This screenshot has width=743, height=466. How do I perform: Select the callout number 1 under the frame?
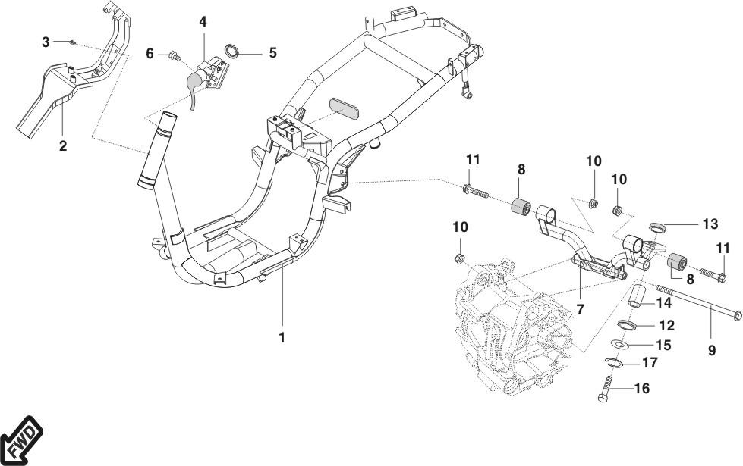pyautogui.click(x=282, y=338)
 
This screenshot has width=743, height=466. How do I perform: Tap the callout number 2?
pyautogui.click(x=63, y=145)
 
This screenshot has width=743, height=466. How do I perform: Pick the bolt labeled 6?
pyautogui.click(x=175, y=56)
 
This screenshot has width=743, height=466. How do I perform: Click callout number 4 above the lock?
pyautogui.click(x=203, y=22)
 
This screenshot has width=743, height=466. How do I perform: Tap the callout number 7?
pyautogui.click(x=581, y=310)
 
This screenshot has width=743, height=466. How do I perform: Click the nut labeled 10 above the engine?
pyautogui.click(x=458, y=258)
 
